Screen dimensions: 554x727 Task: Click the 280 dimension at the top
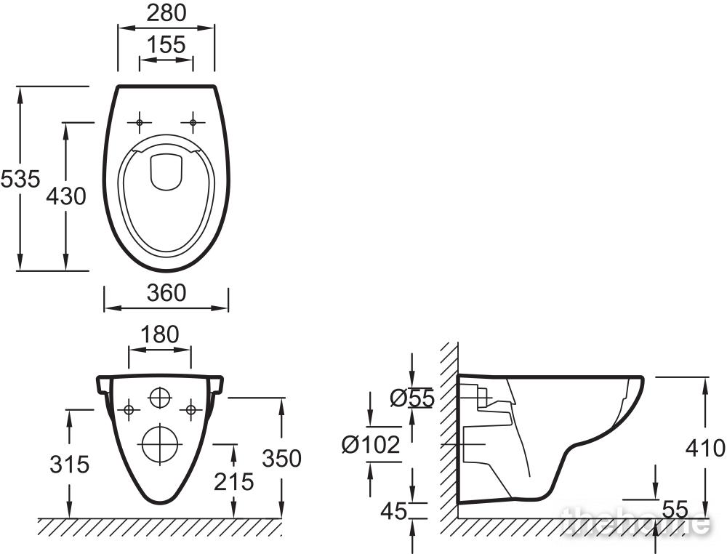point(166,13)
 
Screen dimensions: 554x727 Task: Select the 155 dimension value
point(166,45)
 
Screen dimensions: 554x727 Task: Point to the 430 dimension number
point(66,196)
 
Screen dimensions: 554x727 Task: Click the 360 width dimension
point(166,292)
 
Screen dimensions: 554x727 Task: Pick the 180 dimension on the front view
point(159,334)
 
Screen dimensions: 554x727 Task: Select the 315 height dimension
point(69,463)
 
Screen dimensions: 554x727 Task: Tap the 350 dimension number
point(281,459)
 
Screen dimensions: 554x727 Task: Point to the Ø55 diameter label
point(411,398)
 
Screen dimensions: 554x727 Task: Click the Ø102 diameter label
point(371,444)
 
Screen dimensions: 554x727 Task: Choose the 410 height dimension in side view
point(705,447)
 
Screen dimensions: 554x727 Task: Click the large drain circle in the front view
point(159,443)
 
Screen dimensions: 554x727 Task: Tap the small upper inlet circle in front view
point(159,398)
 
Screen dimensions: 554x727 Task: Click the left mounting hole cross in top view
point(139,122)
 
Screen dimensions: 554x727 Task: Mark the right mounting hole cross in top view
point(193,122)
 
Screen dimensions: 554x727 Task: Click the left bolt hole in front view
point(129,409)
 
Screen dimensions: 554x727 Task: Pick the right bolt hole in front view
point(190,409)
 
